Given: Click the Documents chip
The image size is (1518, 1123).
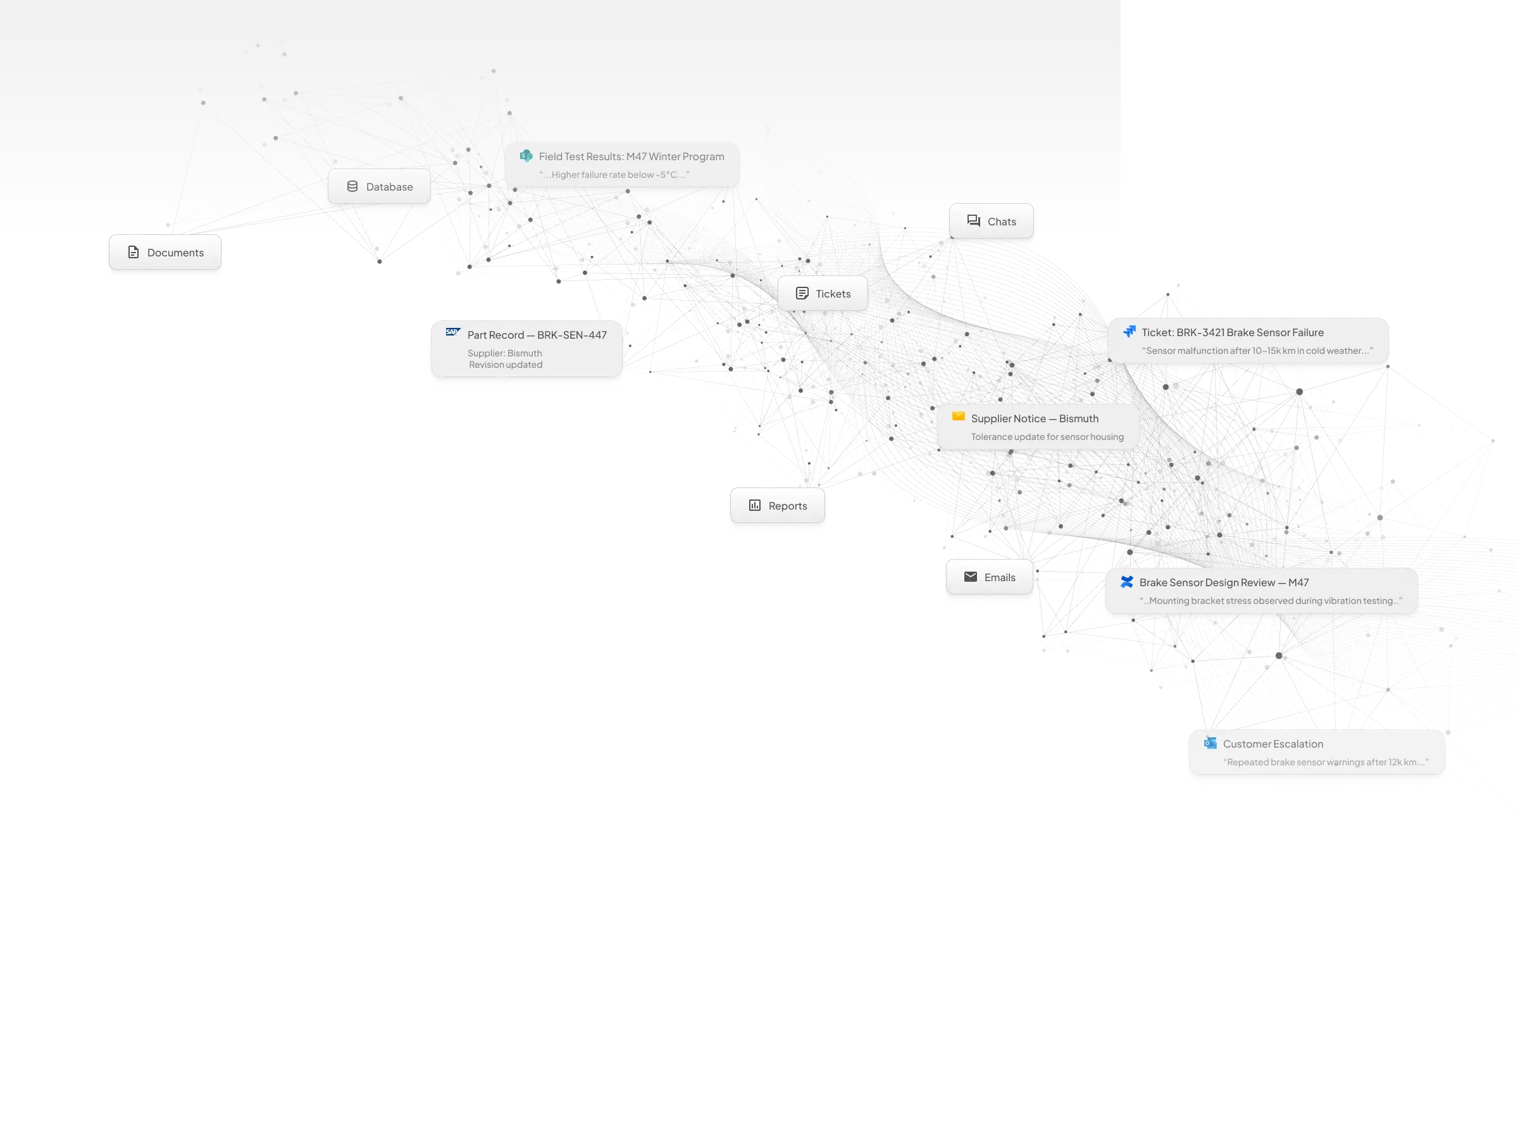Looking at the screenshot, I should [165, 253].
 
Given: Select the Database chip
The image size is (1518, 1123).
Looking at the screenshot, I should [379, 187].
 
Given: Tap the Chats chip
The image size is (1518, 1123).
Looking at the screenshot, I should [992, 222].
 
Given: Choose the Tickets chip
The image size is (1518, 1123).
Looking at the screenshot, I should [823, 294].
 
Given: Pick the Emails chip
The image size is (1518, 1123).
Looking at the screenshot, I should [990, 577].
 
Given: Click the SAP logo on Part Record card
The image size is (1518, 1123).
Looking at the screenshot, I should [452, 332].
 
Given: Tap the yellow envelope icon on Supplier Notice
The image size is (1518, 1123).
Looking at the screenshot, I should [958, 416].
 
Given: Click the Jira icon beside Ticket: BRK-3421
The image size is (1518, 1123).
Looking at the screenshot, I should [1129, 332].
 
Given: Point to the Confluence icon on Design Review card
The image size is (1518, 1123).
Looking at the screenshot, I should [1126, 582].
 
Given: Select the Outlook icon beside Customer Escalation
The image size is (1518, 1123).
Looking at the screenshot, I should [1210, 743].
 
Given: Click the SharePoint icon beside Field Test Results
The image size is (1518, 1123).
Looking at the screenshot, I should [526, 156].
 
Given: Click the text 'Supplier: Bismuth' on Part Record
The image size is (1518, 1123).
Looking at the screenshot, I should [504, 353].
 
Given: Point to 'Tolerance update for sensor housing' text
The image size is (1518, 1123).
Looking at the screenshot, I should [1047, 437].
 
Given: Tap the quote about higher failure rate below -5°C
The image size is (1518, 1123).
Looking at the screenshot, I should [614, 175].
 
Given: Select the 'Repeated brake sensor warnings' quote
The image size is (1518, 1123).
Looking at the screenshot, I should [1325, 762].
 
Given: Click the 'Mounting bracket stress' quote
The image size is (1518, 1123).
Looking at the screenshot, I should [1270, 601].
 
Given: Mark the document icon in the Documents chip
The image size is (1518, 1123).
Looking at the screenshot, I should [133, 252].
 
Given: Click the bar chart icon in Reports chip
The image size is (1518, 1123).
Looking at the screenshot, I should [754, 505].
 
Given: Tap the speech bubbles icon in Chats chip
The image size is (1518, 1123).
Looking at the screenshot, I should [973, 221].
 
